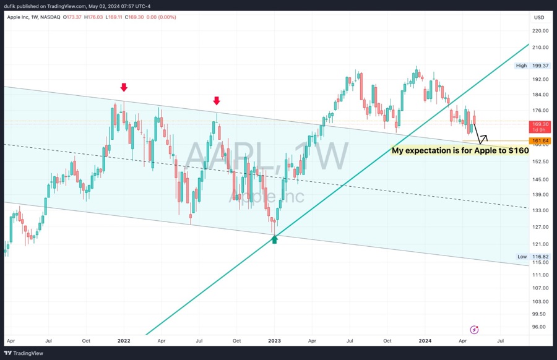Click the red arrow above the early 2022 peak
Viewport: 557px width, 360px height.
pyautogui.click(x=124, y=88)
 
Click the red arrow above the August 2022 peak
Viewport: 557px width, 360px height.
pyautogui.click(x=217, y=101)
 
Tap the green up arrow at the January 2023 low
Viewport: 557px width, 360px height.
pyautogui.click(x=275, y=239)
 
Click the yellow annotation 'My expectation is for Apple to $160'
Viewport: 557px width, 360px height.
pyautogui.click(x=460, y=150)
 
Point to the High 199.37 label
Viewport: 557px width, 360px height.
pyautogui.click(x=532, y=65)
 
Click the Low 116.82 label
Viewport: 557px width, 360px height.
pyautogui.click(x=532, y=256)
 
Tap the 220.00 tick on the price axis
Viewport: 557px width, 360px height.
pyautogui.click(x=540, y=30)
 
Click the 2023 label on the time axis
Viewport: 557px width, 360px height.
pyautogui.click(x=274, y=341)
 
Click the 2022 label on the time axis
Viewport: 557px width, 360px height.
pyautogui.click(x=124, y=341)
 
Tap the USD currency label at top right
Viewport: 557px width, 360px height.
pyautogui.click(x=538, y=17)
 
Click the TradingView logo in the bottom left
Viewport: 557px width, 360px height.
pyautogui.click(x=25, y=353)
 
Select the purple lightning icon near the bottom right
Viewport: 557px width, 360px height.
pyautogui.click(x=474, y=330)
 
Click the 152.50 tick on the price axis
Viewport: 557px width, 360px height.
pyautogui.click(x=540, y=161)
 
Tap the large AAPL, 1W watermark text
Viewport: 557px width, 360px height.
pyautogui.click(x=266, y=156)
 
